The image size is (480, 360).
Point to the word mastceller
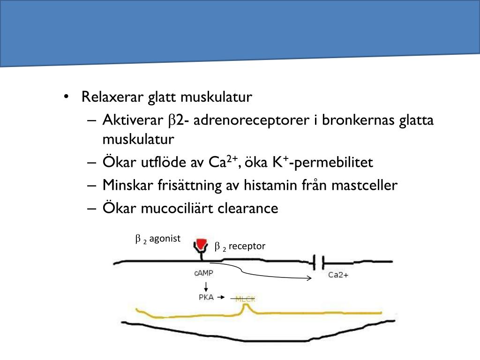(364, 185)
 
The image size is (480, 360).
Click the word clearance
(248, 208)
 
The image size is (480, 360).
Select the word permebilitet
(334, 163)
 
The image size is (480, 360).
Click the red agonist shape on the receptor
(202, 244)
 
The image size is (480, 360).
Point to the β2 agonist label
(158, 239)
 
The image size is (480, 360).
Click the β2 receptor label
(240, 246)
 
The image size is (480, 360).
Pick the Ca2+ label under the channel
(338, 275)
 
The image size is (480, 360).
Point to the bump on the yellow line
(244, 308)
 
